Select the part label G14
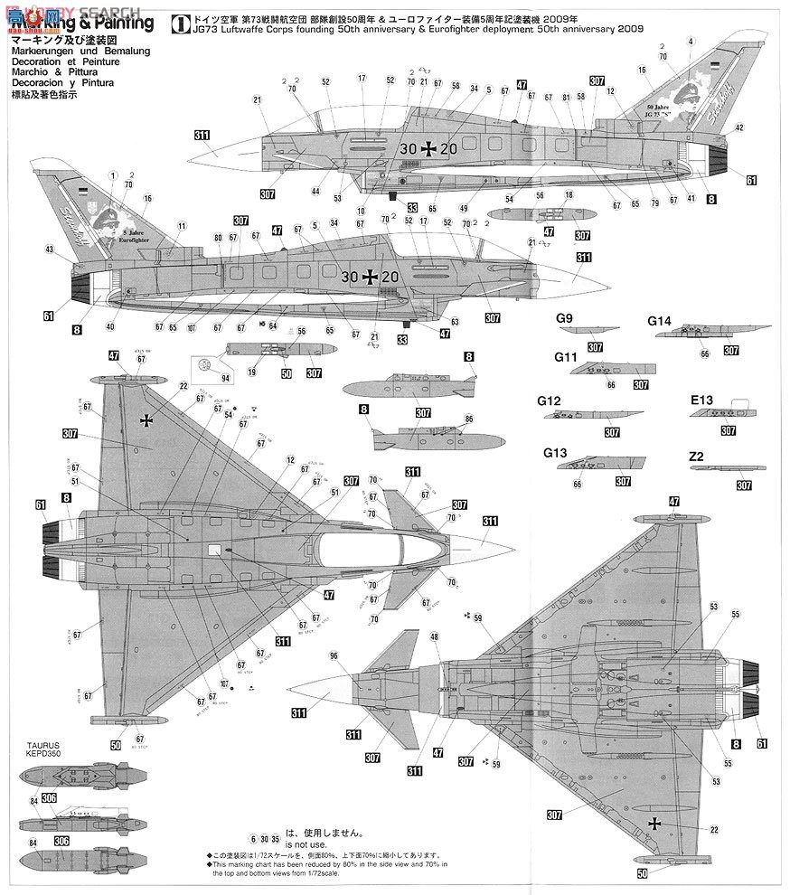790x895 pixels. pyautogui.click(x=659, y=320)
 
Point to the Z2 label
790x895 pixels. pyautogui.click(x=696, y=457)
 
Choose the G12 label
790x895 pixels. pyautogui.click(x=549, y=400)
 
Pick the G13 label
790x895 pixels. pyautogui.click(x=553, y=452)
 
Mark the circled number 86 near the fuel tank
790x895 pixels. pyautogui.click(x=468, y=419)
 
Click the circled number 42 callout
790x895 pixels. pyautogui.click(x=739, y=127)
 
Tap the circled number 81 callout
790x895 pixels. pyautogui.click(x=566, y=97)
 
